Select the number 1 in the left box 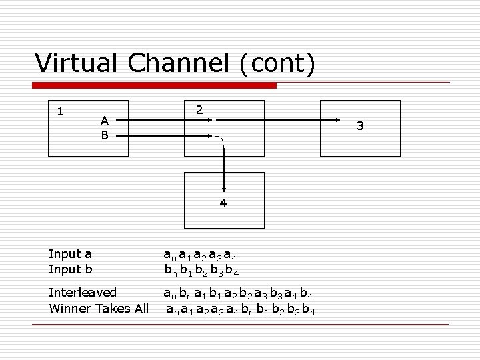coord(60,111)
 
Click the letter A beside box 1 coord(105,121)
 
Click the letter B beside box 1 coord(105,135)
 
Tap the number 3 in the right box coord(360,125)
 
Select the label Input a coord(71,253)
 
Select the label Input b coord(71,269)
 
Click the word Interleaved coord(83,292)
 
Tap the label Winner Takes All coord(99,308)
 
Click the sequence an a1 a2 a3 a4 coord(201,255)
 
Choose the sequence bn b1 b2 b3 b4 coord(202,271)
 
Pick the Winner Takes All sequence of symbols coord(241,309)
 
